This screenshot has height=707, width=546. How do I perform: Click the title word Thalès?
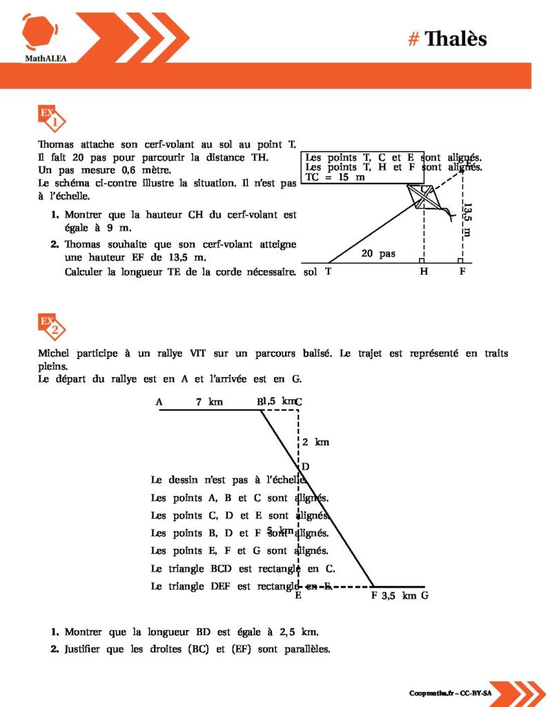point(456,39)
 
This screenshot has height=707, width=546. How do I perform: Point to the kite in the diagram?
point(422,197)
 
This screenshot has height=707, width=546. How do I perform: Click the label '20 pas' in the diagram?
point(378,253)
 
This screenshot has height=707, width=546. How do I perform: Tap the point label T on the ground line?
point(329,271)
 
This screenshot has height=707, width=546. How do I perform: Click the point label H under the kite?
point(423,271)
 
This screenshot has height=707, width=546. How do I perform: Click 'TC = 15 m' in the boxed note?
point(335,177)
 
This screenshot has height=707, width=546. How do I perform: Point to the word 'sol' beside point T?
point(310,271)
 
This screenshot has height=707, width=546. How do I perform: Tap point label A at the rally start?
point(159,402)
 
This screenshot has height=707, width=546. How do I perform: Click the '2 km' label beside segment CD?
point(315,442)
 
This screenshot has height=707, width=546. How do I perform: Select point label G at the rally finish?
point(425,595)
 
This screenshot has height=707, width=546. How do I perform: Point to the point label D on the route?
point(305,467)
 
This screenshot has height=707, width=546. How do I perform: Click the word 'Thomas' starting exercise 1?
point(56,145)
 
